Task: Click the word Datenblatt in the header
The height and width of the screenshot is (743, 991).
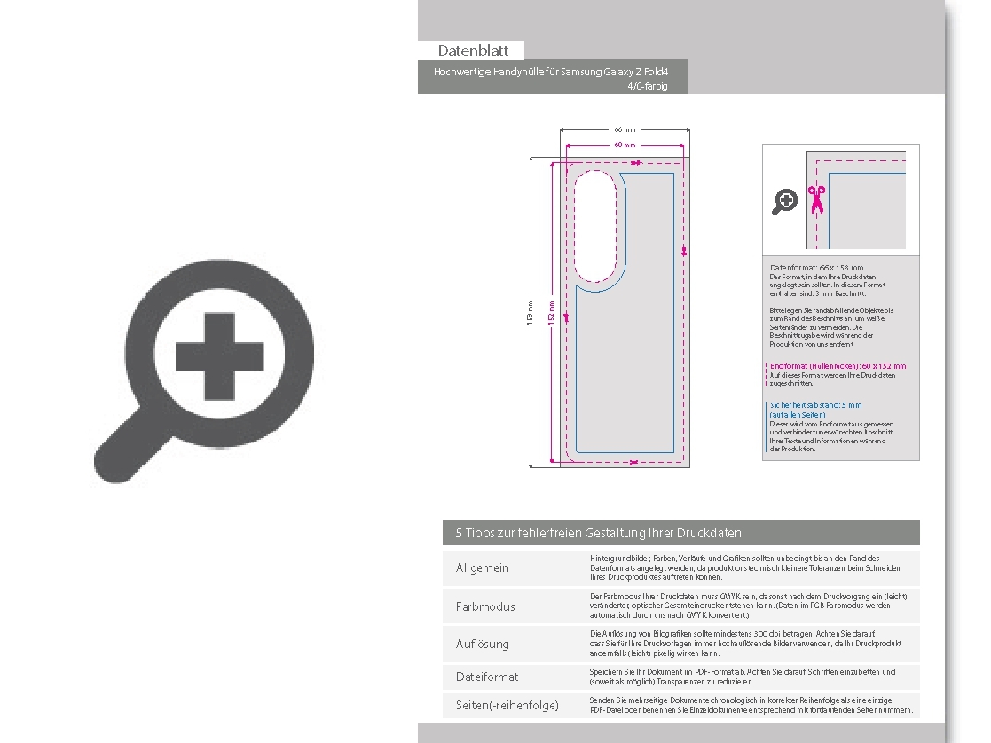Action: point(473,51)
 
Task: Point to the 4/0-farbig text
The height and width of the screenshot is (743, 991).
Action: point(647,86)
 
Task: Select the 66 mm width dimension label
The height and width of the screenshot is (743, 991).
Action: point(625,129)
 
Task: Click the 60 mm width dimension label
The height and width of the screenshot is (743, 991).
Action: point(625,145)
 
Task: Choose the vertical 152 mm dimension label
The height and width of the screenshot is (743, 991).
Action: point(551,312)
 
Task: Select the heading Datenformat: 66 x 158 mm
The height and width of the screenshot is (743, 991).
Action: point(816,267)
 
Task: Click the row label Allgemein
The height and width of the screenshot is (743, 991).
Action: point(483,567)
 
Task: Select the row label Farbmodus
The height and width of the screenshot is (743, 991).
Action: point(485,606)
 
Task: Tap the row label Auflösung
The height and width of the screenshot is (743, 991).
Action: point(483,644)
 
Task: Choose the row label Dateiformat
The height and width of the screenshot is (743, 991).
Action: point(487,677)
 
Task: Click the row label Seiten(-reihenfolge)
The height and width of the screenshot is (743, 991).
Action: point(507,705)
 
